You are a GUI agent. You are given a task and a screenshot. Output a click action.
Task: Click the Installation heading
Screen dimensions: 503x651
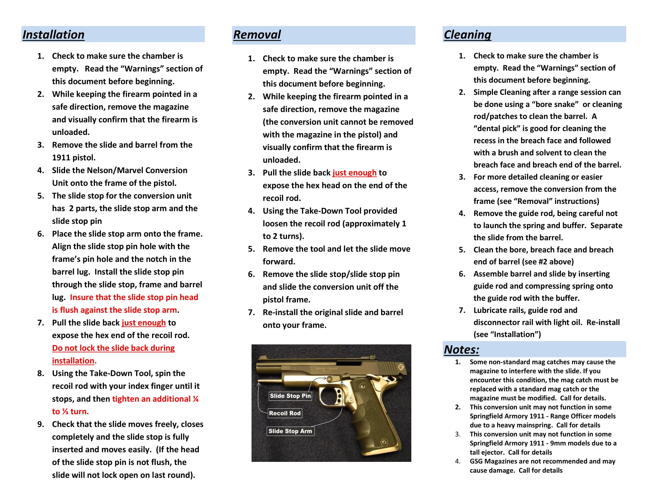(53, 35)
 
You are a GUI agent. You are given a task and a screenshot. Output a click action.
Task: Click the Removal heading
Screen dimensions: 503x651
(257, 35)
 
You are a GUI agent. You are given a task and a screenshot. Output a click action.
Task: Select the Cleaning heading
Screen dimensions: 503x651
(467, 35)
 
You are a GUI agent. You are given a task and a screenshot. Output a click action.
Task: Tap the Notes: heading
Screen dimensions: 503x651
(461, 349)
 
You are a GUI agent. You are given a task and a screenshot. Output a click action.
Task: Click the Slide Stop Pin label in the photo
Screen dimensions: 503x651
(290, 396)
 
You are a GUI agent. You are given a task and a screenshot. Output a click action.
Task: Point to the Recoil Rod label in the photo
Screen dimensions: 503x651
(285, 413)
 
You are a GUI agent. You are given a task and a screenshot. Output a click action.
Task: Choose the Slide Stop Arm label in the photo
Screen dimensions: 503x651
(290, 431)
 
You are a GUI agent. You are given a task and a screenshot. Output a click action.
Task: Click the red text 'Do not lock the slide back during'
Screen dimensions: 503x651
(113, 348)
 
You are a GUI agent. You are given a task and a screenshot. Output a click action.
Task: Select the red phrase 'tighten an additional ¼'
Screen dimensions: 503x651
(155, 399)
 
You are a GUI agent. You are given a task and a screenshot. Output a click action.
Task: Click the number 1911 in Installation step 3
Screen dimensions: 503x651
(62, 157)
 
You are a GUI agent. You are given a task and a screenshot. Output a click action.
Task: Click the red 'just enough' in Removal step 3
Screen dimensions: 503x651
(354, 172)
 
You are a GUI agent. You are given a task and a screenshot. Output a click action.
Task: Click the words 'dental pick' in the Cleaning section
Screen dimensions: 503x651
(496, 128)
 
